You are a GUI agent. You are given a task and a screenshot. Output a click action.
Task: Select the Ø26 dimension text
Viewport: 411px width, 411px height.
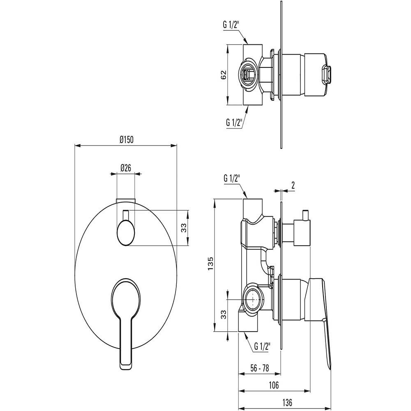pos(126,167)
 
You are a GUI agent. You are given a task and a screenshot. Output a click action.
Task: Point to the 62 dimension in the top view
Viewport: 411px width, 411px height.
pos(223,75)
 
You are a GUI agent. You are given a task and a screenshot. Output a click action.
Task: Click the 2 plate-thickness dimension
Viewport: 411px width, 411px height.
pos(293,185)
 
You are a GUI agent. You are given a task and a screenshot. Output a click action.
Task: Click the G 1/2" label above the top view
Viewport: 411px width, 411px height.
pos(232,24)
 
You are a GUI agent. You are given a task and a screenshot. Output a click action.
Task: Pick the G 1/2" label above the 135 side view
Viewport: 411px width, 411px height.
pos(232,178)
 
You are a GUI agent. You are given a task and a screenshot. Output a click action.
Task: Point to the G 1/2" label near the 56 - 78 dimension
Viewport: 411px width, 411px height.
pos(262,346)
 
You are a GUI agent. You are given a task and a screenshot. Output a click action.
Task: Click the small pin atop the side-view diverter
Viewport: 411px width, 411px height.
pos(305,215)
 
